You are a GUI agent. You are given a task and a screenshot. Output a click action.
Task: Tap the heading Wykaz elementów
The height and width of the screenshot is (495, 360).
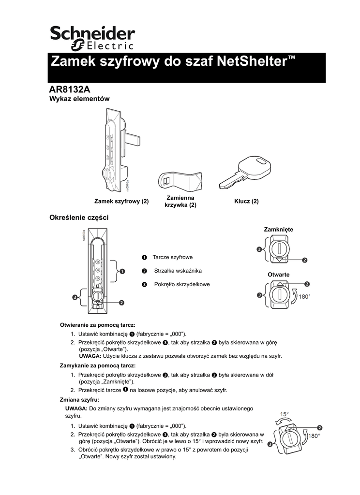pos(80,99)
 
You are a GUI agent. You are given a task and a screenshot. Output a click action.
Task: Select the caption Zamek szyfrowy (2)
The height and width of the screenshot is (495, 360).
pos(121,201)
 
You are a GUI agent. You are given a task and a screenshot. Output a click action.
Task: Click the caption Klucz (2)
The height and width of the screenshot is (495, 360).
pos(246,201)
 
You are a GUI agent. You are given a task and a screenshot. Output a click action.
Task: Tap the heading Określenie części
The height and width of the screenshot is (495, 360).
pos(79,218)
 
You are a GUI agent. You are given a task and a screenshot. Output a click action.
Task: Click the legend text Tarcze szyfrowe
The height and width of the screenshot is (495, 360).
pos(172,257)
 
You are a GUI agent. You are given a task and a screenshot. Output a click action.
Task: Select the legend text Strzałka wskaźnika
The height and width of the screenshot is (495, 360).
pos(178,271)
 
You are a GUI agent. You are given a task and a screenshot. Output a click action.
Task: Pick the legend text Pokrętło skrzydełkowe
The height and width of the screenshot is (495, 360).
pos(182,284)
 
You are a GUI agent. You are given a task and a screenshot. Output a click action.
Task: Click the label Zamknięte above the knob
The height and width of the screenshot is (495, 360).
pos(278,229)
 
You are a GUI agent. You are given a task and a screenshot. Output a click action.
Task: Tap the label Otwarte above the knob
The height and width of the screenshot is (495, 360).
pos(279,275)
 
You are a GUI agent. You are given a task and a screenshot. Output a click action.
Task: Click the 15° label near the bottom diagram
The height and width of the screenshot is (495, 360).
pos(285,414)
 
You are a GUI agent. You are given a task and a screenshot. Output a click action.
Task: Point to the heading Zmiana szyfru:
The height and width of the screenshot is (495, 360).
pos(79,400)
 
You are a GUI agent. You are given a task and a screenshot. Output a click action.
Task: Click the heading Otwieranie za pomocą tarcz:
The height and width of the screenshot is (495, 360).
pos(97,324)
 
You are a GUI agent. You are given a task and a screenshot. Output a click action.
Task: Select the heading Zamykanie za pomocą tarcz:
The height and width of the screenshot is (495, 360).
pos(97,365)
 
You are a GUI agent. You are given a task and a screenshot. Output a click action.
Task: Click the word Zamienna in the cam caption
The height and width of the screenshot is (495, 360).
pos(180,198)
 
